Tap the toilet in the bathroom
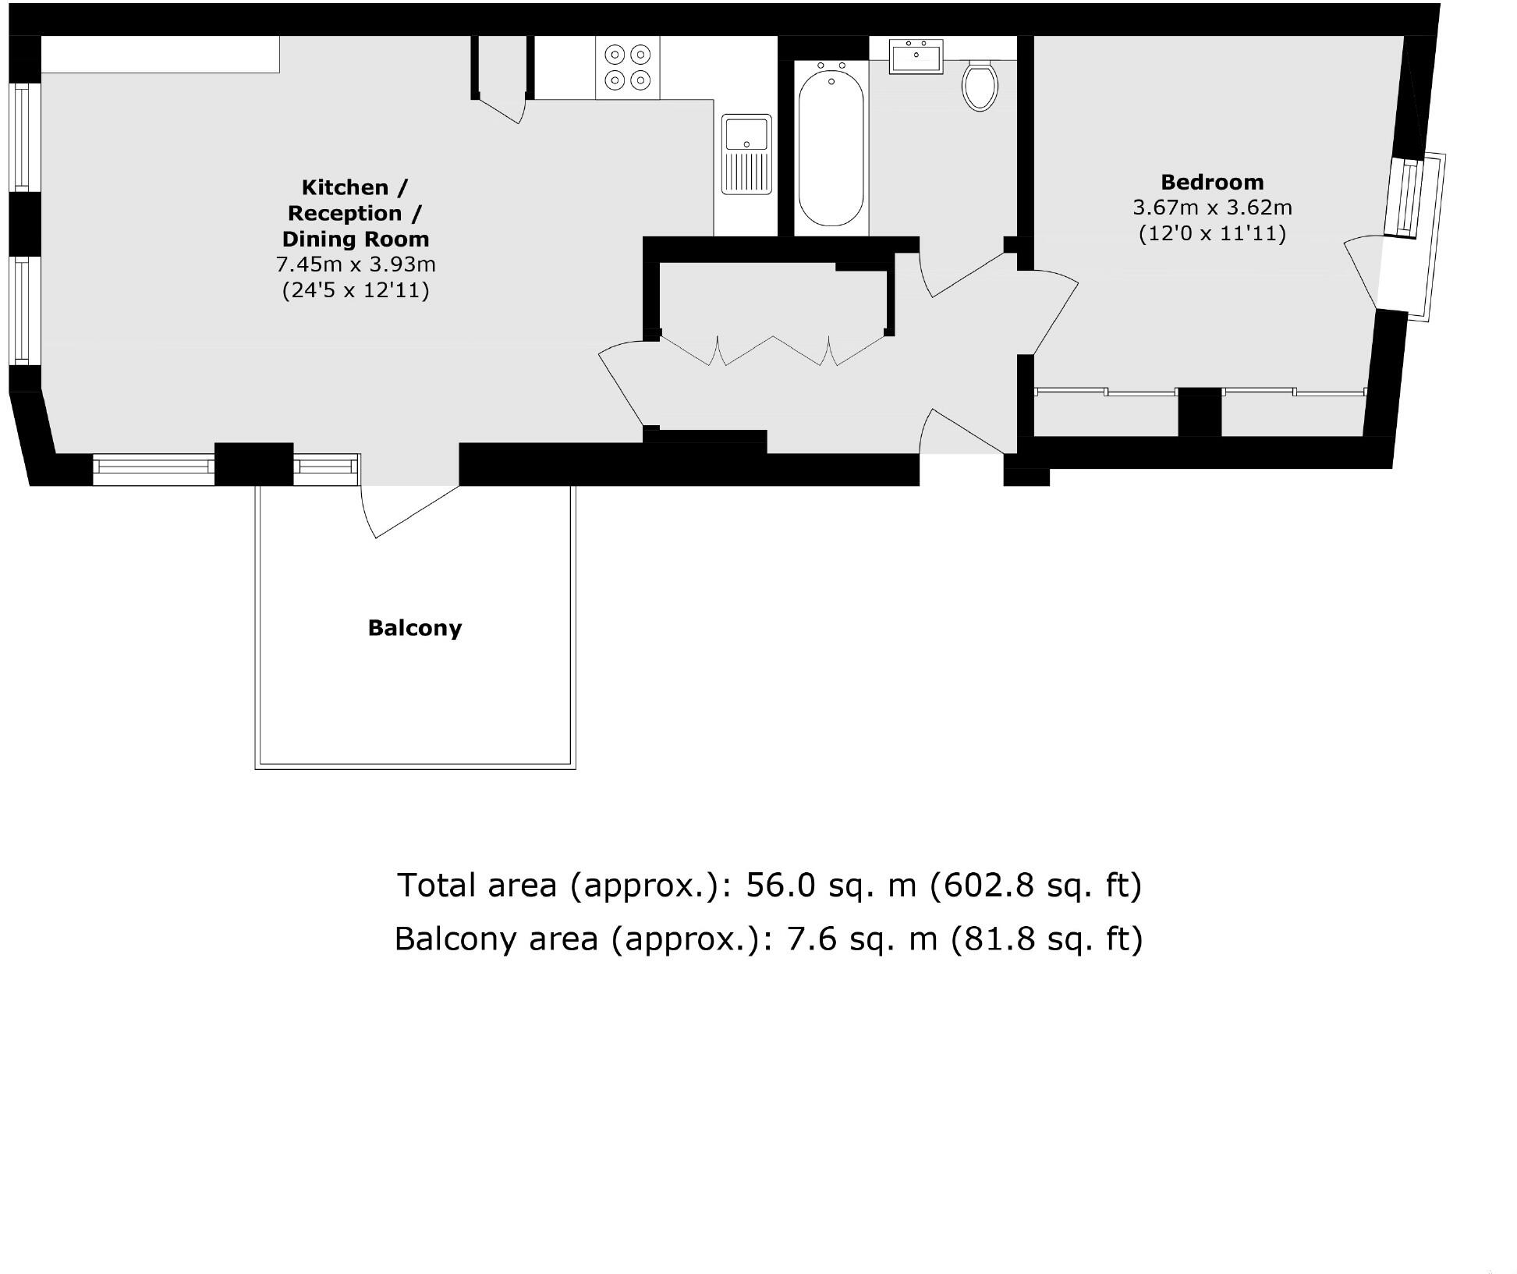point(980,85)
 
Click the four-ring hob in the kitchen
point(628,67)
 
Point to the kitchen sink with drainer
point(746,154)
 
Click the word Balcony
point(415,628)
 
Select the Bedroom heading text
point(1212,183)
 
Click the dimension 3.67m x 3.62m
point(1212,208)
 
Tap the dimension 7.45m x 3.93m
point(356,264)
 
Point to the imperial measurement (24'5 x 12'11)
point(356,290)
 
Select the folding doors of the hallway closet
point(773,351)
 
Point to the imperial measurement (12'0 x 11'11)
point(1212,233)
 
